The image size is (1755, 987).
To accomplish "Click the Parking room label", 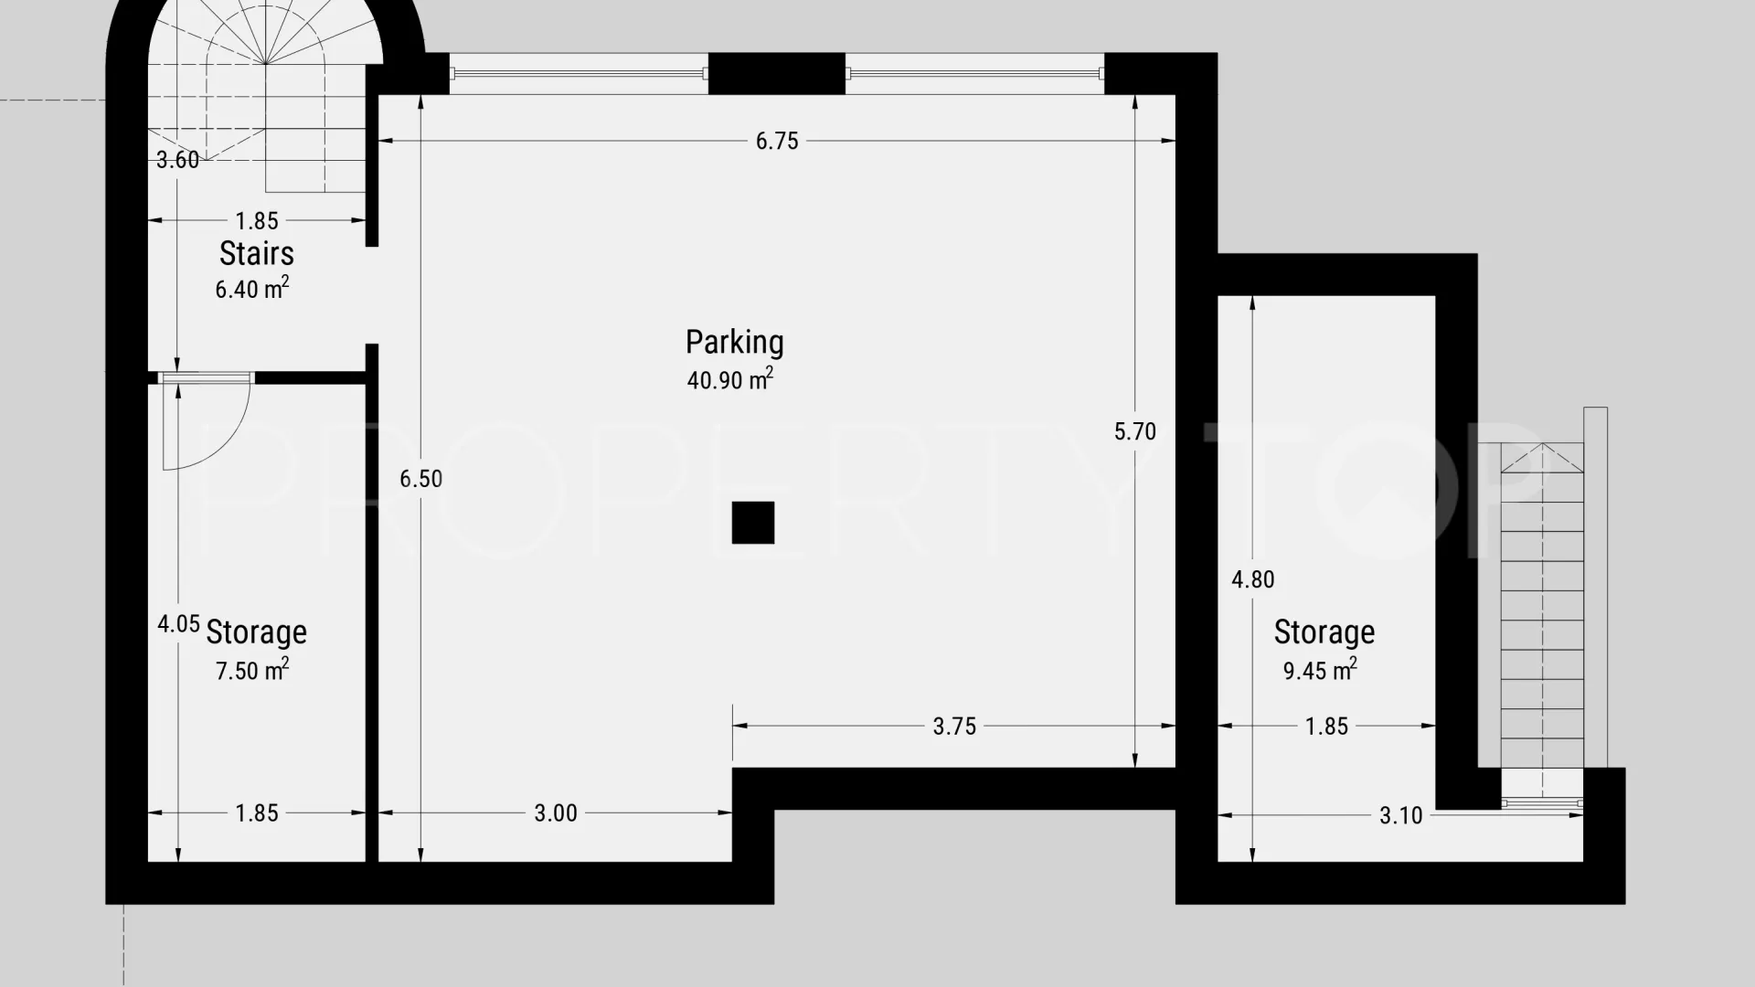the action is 734,343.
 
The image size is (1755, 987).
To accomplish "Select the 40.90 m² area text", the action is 730,379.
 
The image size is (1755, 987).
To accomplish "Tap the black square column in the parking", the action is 753,523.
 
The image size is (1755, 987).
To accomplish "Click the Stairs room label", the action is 257,253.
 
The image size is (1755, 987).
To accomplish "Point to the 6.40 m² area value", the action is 252,289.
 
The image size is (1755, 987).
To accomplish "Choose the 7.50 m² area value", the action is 252,670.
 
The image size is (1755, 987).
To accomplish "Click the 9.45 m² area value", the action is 1320,670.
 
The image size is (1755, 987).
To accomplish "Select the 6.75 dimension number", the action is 777,141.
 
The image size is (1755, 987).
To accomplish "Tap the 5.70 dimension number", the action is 1135,431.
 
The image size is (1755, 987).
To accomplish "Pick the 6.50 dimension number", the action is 420,479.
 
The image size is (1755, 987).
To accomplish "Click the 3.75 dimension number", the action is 954,727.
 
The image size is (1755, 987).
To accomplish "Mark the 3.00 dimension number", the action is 556,813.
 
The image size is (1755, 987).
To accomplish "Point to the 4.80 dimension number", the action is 1253,579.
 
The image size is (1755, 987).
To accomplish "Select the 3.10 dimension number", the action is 1401,815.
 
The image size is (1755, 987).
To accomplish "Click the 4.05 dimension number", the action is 178,624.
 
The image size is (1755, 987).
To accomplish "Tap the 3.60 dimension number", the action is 177,160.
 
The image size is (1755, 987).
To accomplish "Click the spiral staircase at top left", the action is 265,91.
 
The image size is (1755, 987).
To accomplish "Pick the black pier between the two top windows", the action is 777,74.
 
